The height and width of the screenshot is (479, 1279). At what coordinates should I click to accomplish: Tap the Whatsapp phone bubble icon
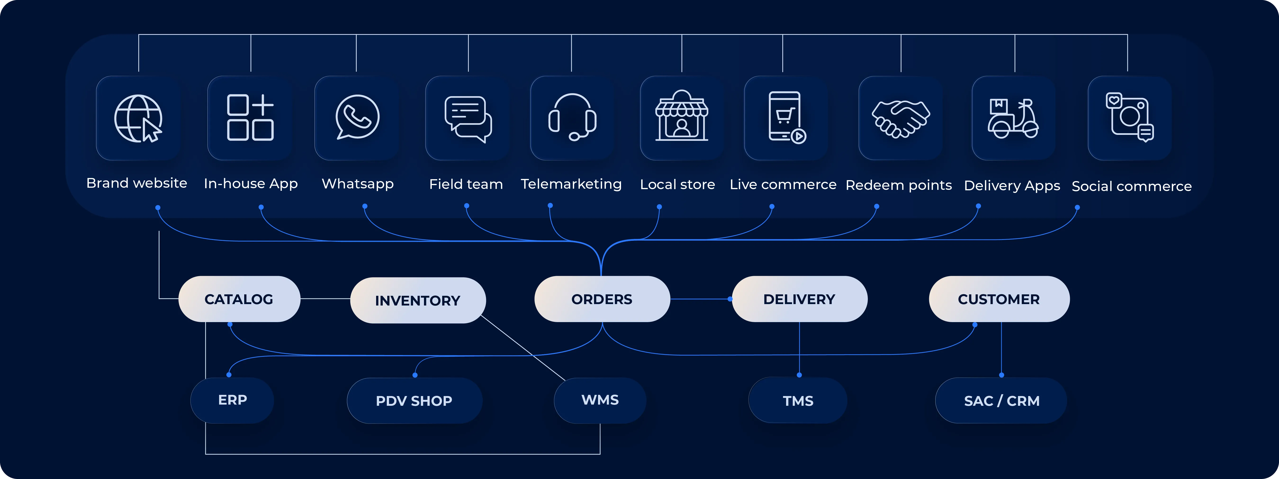357,117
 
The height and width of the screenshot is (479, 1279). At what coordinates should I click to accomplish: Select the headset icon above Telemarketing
572,117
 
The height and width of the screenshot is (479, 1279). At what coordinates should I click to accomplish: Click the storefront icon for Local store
682,117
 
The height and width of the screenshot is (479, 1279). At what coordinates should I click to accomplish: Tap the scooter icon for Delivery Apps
1013,118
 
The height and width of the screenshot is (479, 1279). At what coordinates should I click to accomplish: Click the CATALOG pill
239,299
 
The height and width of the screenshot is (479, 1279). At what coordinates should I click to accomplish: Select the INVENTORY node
418,300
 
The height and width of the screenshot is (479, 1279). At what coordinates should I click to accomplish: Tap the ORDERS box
602,299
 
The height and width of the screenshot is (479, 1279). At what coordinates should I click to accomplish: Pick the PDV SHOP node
414,401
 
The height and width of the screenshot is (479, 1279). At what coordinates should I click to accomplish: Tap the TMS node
798,401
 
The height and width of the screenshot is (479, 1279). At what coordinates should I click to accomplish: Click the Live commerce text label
783,184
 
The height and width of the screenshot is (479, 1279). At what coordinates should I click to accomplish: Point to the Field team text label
466,184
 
